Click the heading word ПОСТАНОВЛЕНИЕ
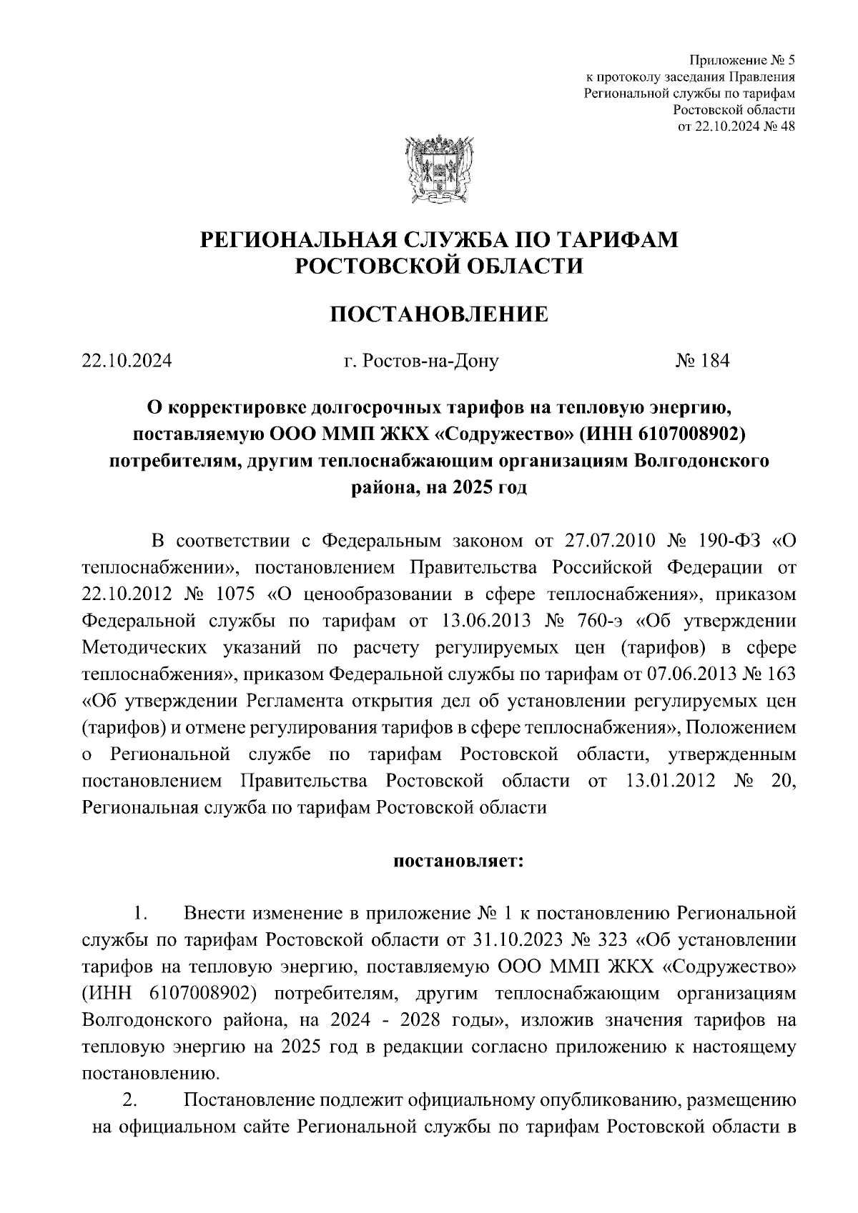tap(438, 314)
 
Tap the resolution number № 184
tap(702, 361)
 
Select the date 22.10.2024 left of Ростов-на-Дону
tap(127, 361)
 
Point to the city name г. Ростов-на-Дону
tap(420, 361)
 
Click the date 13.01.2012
tap(670, 780)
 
